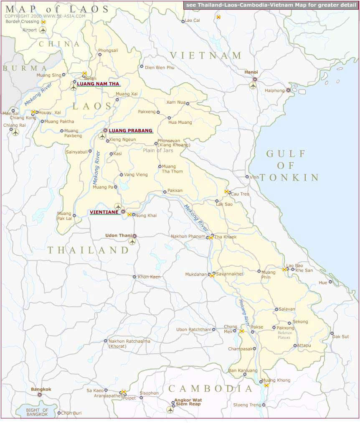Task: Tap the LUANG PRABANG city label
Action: tap(130, 131)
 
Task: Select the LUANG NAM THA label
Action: tap(98, 84)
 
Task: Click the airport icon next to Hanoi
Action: tap(253, 86)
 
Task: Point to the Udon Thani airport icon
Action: tap(132, 242)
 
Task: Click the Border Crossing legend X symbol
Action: tap(43, 22)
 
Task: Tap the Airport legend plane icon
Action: tap(43, 30)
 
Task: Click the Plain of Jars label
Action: tap(158, 150)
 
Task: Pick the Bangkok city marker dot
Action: tap(40, 395)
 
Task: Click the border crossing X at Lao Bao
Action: tap(284, 270)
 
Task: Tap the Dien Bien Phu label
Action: tap(160, 67)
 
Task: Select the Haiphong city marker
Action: tap(288, 90)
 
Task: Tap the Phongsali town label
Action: tap(108, 50)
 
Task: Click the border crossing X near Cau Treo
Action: tap(227, 191)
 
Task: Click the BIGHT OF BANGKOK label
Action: tap(37, 412)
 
